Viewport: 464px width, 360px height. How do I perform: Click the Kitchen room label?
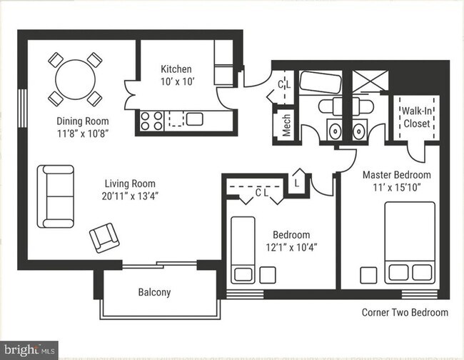tap(176, 69)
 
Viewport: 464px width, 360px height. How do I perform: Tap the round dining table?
tap(76, 79)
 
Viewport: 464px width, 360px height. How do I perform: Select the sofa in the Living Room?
tap(56, 196)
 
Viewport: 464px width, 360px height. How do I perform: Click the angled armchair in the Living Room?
tap(104, 238)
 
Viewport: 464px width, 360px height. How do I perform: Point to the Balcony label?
tap(154, 292)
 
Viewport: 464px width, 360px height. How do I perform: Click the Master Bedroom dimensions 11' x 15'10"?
tap(397, 188)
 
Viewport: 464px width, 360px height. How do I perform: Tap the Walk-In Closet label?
tap(417, 117)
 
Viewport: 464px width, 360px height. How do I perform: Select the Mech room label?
tap(286, 125)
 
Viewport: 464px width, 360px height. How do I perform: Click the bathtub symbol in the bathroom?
tap(321, 82)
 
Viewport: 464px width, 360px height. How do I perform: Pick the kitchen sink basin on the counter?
tap(195, 119)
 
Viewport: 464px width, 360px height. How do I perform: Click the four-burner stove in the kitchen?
tap(151, 121)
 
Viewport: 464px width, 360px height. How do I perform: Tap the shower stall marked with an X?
tap(370, 81)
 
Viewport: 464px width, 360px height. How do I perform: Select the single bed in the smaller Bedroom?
tap(243, 250)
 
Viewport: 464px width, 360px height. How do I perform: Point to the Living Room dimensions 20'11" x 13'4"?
tap(130, 196)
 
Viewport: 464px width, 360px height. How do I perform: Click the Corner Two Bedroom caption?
tap(405, 312)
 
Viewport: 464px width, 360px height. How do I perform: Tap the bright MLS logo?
tap(29, 351)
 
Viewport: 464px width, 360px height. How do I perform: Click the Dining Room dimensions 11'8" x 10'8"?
tap(83, 134)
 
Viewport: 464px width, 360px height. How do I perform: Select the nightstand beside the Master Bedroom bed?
tap(368, 275)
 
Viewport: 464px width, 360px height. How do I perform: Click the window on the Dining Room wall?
tap(23, 108)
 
